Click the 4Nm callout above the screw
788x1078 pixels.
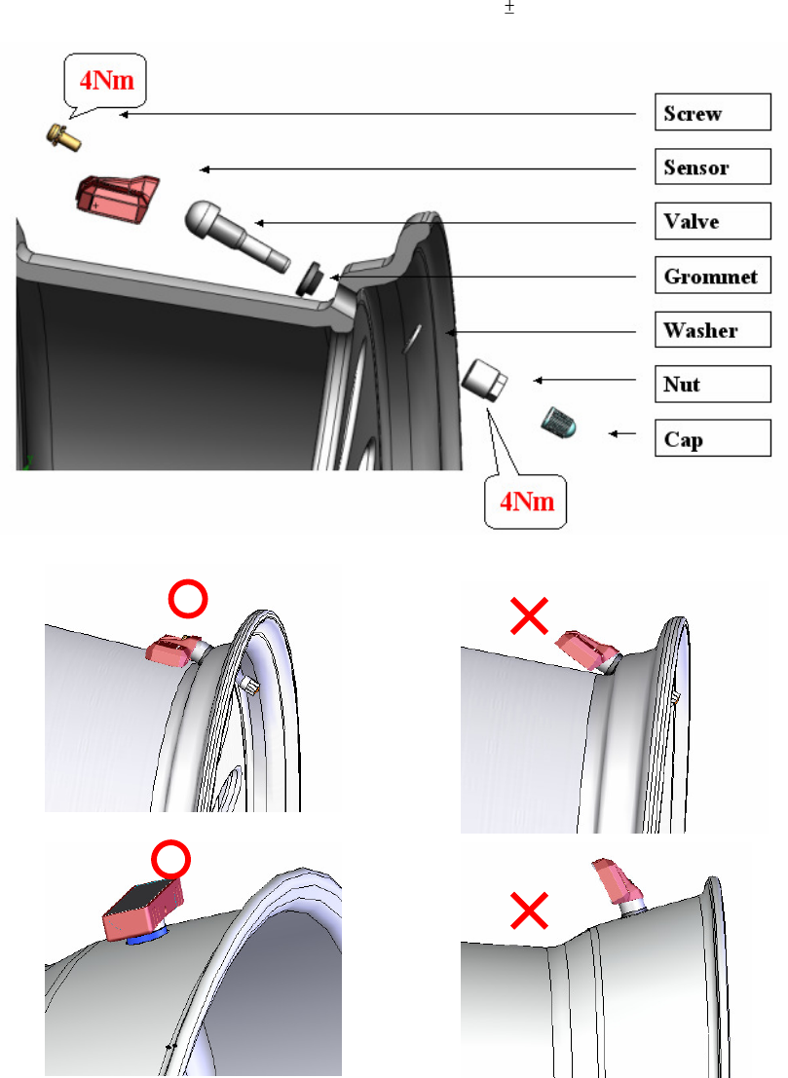(x=106, y=81)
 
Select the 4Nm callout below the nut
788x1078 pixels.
(x=527, y=502)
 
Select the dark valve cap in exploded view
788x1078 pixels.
(x=558, y=422)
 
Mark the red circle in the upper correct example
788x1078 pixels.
(x=188, y=599)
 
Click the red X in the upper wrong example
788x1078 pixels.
(x=529, y=615)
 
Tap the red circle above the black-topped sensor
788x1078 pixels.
(x=170, y=860)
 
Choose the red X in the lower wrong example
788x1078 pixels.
(x=529, y=911)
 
